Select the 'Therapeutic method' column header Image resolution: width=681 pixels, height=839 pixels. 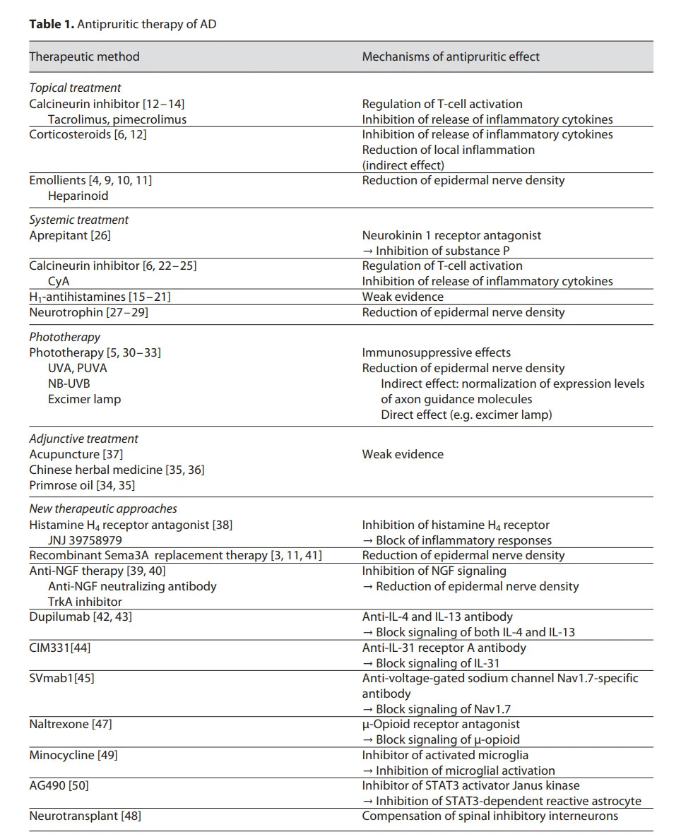pyautogui.click(x=84, y=56)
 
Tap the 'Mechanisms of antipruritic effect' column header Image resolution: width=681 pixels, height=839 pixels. pyautogui.click(x=451, y=56)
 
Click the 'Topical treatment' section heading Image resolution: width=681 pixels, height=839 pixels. pyautogui.click(x=75, y=88)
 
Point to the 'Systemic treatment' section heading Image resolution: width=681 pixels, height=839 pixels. pyautogui.click(x=78, y=220)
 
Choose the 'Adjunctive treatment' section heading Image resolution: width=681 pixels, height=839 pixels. pyautogui.click(x=83, y=439)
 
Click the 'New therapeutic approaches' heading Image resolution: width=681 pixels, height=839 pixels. pyautogui.click(x=103, y=508)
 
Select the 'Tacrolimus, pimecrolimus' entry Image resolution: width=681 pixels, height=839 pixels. pyautogui.click(x=117, y=119)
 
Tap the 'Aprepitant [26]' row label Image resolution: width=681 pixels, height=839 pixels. pyautogui.click(x=70, y=235)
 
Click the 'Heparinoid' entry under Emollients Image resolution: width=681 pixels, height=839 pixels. pyautogui.click(x=78, y=196)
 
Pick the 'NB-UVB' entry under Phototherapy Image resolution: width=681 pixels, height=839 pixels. pyautogui.click(x=69, y=383)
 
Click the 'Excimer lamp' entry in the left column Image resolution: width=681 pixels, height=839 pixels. pyautogui.click(x=84, y=399)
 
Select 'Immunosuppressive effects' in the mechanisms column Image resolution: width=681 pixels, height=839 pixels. pyautogui.click(x=436, y=352)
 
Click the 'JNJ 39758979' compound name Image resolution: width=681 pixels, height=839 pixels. pyautogui.click(x=85, y=540)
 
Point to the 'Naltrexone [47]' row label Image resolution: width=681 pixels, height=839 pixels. pyautogui.click(x=71, y=724)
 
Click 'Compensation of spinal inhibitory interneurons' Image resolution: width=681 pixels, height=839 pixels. pyautogui.click(x=490, y=816)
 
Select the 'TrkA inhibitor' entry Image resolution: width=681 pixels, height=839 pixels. pyautogui.click(x=85, y=602)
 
